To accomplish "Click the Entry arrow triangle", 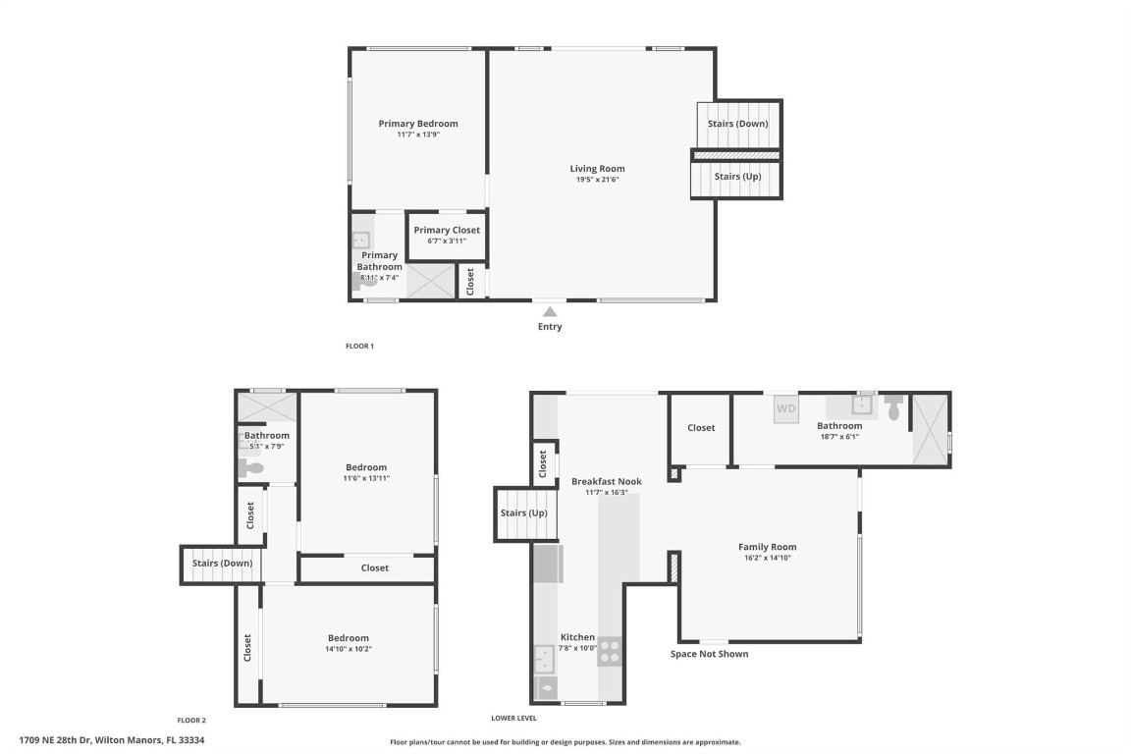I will click(x=550, y=311).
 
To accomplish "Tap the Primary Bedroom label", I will click(x=418, y=124).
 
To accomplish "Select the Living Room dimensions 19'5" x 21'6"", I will click(x=597, y=180).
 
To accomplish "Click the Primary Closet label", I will click(x=447, y=230).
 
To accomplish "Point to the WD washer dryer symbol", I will click(x=786, y=407).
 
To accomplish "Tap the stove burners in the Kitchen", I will click(x=610, y=651).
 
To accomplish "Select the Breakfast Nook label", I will click(x=606, y=481).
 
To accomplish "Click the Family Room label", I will click(x=767, y=547).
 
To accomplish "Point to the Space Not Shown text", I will click(x=709, y=654).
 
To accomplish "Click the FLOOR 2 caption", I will click(x=191, y=721).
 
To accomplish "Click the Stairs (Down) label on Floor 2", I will click(x=222, y=564).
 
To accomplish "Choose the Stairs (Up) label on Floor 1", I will click(x=737, y=177).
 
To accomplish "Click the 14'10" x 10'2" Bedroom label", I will click(x=348, y=638).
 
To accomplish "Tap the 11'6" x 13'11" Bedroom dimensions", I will click(x=365, y=478).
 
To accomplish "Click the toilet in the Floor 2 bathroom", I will click(x=250, y=469).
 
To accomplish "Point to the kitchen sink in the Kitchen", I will click(x=543, y=656).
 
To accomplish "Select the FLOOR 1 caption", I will click(x=359, y=346).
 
